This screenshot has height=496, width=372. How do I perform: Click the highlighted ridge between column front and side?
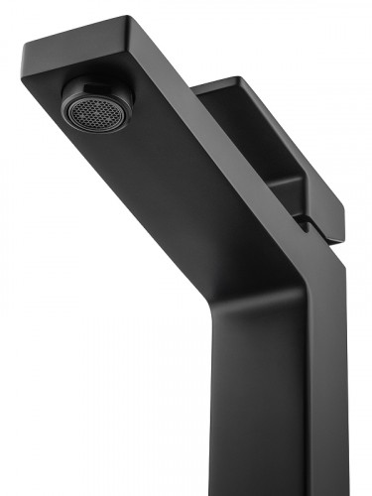coord(304,397)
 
